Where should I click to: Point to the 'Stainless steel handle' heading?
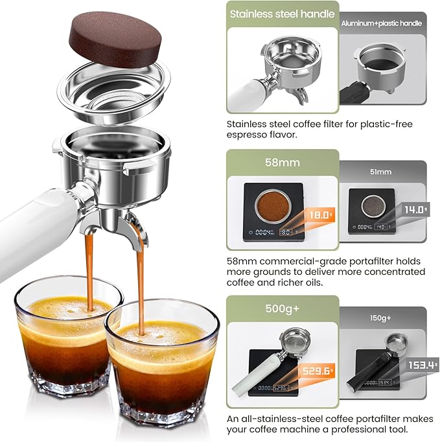[283, 14]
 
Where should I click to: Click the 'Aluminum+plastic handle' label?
[382, 23]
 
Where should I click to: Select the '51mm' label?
[382, 172]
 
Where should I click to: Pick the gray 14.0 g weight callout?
[415, 209]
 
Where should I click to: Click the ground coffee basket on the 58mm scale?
[272, 206]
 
